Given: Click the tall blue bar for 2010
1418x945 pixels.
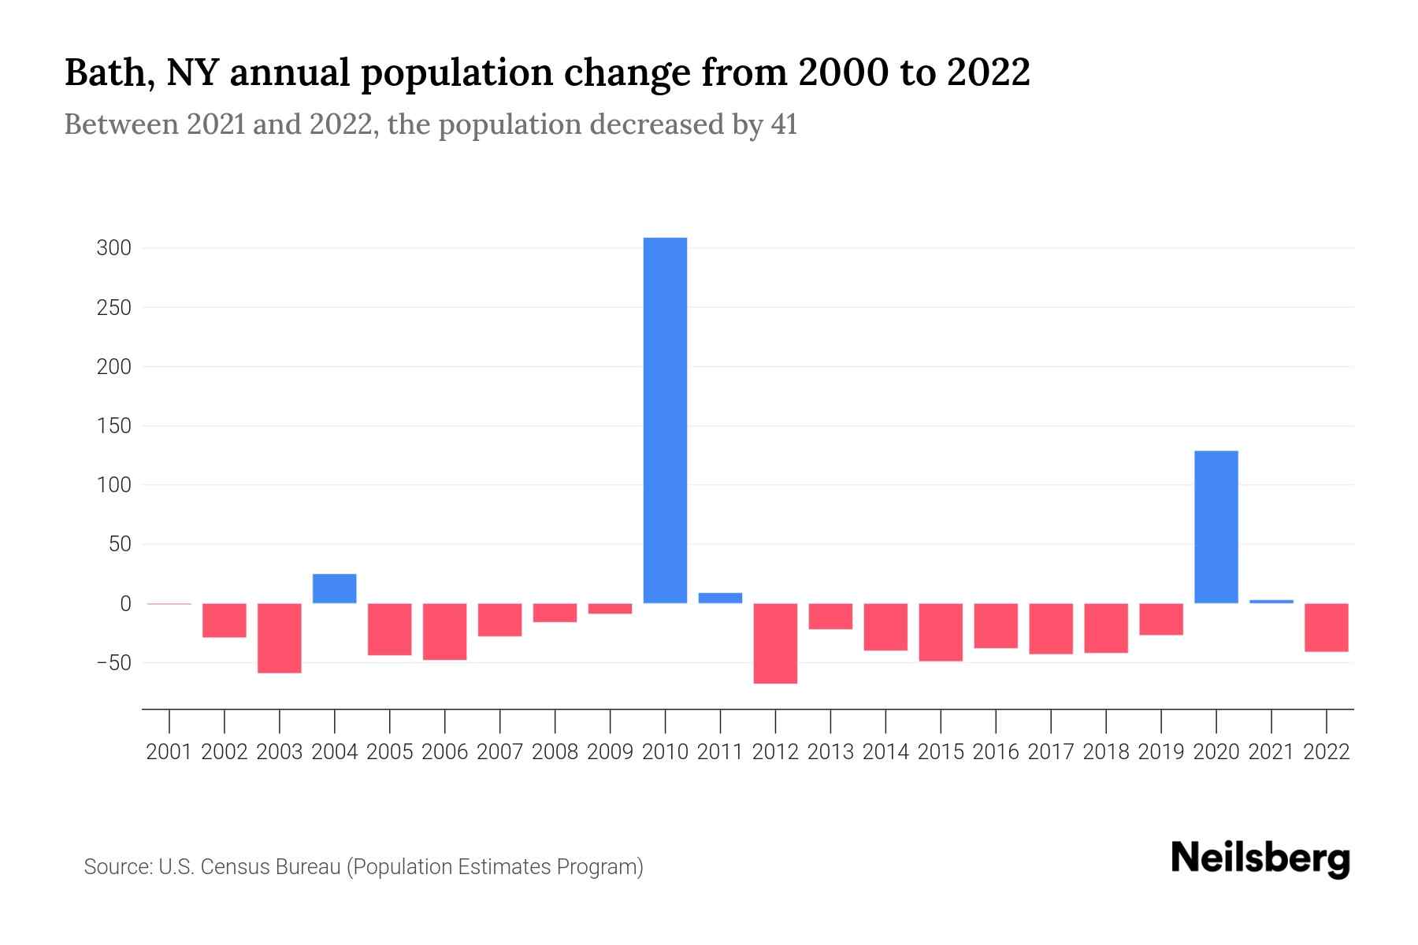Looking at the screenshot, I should (665, 420).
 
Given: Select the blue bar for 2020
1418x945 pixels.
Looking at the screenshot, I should (1216, 526).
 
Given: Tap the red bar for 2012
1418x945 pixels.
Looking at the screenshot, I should (775, 643).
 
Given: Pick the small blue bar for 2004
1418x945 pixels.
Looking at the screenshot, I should (334, 588).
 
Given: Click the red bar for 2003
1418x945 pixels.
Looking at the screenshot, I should (280, 638).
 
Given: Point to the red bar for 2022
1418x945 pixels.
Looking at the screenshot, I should (1326, 627).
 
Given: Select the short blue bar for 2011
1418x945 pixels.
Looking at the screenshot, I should (720, 598).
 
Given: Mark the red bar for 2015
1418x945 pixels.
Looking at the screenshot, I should (941, 632).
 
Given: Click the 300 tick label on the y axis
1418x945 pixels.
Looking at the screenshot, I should (113, 249).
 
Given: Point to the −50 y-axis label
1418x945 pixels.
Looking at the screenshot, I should (113, 663).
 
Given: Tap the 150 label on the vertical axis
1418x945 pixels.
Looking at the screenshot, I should (113, 426).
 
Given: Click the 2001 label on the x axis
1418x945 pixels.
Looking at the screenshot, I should (169, 752).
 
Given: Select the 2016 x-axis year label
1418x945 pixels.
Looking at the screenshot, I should (996, 752).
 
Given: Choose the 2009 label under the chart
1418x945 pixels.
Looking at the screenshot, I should (610, 752).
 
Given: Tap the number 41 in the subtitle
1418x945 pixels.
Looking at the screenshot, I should (784, 124).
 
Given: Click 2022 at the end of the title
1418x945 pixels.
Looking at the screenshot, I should (988, 73).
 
